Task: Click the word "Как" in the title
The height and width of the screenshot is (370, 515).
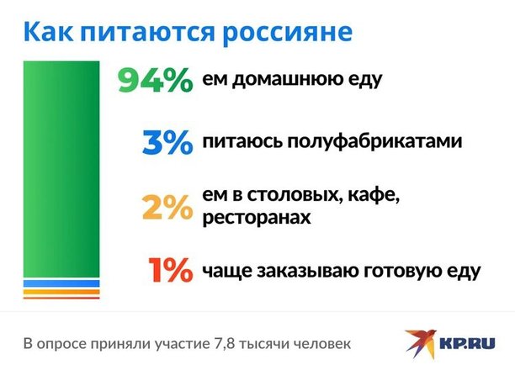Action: click(48, 31)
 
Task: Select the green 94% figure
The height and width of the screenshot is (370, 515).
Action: click(156, 80)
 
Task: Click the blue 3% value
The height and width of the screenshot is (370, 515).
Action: click(167, 142)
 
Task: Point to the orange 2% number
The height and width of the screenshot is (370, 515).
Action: click(167, 207)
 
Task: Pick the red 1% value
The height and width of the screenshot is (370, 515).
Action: click(170, 270)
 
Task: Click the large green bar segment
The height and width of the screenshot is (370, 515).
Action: click(61, 169)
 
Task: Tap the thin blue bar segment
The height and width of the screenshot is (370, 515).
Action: click(61, 283)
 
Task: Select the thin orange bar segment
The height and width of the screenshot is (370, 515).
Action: click(61, 292)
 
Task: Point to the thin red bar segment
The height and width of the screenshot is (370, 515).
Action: click(61, 298)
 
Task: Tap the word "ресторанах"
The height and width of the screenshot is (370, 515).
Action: click(256, 218)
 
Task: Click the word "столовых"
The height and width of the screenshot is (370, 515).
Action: click(293, 195)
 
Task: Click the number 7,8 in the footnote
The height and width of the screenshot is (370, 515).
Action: click(225, 345)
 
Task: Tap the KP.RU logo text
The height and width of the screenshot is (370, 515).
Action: click(467, 344)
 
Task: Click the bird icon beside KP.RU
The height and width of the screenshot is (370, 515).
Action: click(421, 344)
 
